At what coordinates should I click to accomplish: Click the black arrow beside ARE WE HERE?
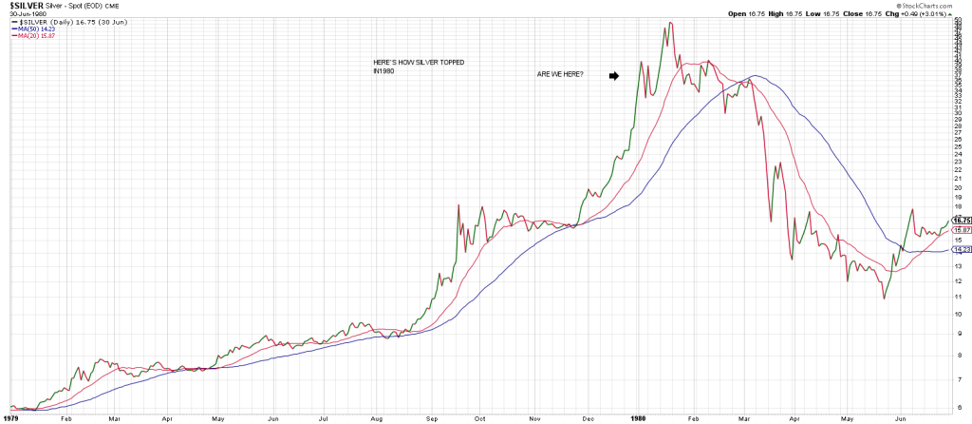click(x=613, y=75)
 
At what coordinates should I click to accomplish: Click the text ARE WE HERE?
click(x=560, y=75)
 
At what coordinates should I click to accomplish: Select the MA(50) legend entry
click(x=31, y=29)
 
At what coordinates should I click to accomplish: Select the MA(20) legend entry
click(x=31, y=35)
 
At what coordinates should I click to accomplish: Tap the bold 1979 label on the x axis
click(x=11, y=417)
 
